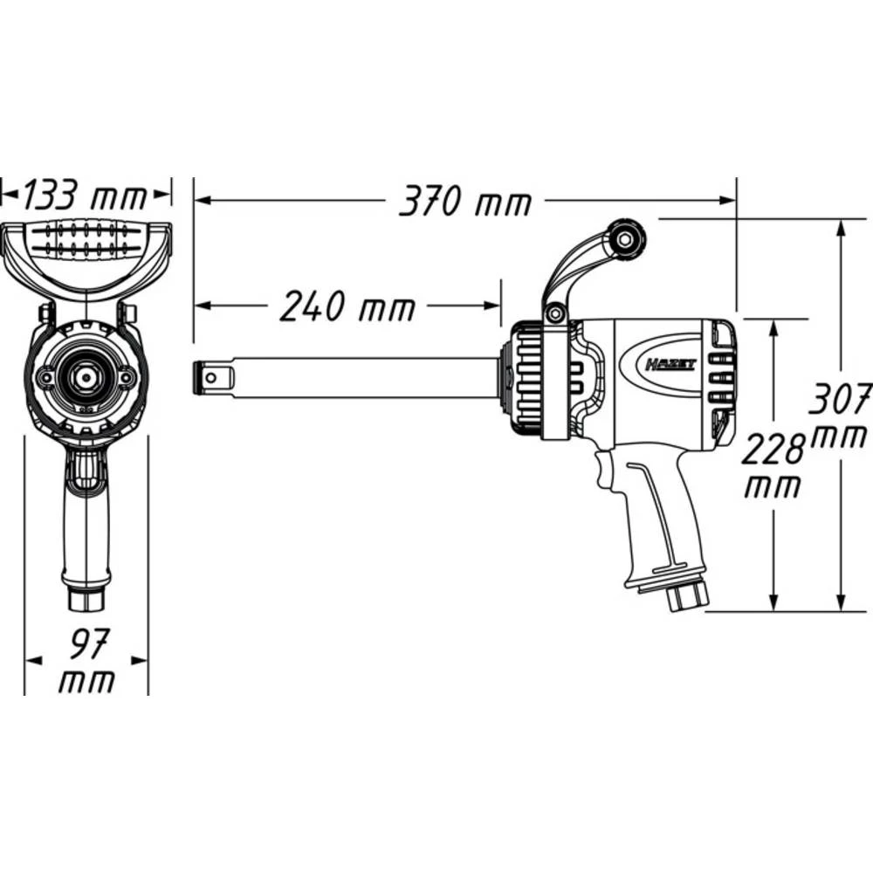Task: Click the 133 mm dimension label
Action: click(x=85, y=196)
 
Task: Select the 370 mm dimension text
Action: click(x=464, y=203)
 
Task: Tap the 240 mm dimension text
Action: click(x=347, y=307)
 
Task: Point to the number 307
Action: click(x=840, y=399)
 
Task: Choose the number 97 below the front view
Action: click(x=86, y=647)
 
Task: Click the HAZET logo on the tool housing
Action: click(x=670, y=364)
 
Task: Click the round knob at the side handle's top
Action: click(x=626, y=237)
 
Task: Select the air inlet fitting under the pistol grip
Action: click(x=689, y=596)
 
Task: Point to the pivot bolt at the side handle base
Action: click(x=553, y=313)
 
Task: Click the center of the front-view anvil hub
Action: click(x=86, y=376)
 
